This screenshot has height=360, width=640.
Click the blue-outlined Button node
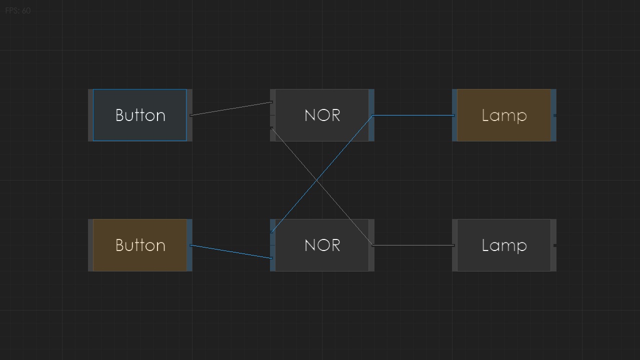click(x=140, y=115)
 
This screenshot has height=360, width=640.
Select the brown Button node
click(x=140, y=245)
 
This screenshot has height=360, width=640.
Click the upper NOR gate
click(x=322, y=115)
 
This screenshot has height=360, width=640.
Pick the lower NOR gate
click(x=322, y=245)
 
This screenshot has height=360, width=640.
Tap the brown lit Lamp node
click(x=504, y=115)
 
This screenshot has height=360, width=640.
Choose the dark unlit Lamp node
click(x=504, y=245)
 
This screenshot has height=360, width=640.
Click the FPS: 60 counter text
click(x=17, y=10)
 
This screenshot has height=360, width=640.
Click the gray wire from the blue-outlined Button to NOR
click(x=231, y=108)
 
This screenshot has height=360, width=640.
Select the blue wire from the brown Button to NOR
click(x=231, y=251)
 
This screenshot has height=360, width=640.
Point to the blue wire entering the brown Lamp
click(x=413, y=115)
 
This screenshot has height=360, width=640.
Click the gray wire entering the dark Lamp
click(x=413, y=245)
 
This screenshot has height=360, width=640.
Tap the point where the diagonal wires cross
click(x=317, y=180)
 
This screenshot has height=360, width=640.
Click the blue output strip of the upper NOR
click(x=371, y=115)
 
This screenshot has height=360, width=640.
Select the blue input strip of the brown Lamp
click(x=454, y=115)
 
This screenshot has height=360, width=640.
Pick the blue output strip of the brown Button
click(x=189, y=245)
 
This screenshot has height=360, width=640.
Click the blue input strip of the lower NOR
click(x=272, y=245)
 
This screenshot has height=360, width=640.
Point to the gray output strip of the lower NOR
click(x=371, y=245)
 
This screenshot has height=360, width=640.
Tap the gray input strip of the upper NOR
click(x=272, y=115)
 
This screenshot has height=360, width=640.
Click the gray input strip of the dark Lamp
click(x=454, y=245)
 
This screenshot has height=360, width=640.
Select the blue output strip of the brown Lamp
click(x=553, y=115)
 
